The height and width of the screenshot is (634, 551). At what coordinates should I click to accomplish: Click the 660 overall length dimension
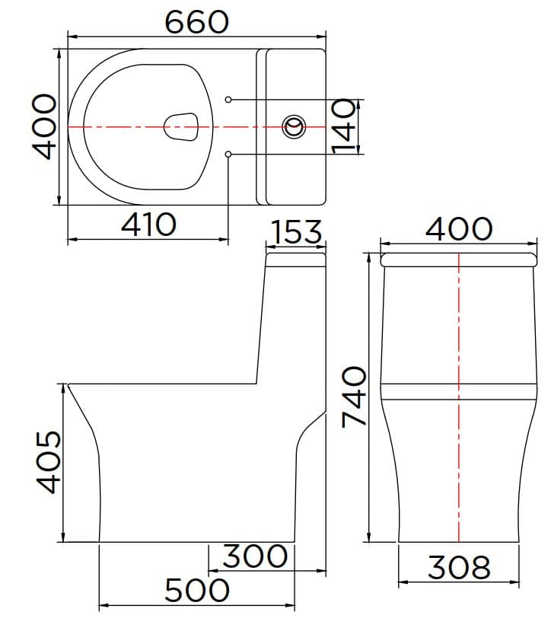point(196,22)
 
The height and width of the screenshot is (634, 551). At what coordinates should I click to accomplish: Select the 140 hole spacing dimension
point(344,126)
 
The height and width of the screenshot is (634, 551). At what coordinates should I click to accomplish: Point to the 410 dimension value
point(149,224)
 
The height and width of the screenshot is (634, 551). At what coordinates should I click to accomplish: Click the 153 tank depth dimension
point(296,232)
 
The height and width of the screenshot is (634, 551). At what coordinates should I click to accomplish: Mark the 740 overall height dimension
point(354,396)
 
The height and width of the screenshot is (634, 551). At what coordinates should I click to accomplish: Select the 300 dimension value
point(255,556)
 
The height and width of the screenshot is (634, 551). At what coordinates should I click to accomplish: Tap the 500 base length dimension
point(196,590)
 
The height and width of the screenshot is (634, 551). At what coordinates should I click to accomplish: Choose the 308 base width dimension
point(459,567)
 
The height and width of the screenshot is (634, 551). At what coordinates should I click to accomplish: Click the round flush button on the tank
point(294,126)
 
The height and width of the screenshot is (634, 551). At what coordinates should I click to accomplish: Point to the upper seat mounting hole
point(228,99)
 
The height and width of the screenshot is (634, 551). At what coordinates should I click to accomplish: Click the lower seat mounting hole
point(228,155)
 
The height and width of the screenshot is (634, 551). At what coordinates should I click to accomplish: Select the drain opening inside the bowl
point(182,126)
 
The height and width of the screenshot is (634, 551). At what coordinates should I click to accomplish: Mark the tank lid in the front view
point(459,260)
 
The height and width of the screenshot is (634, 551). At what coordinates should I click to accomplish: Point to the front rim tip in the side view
point(69,385)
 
